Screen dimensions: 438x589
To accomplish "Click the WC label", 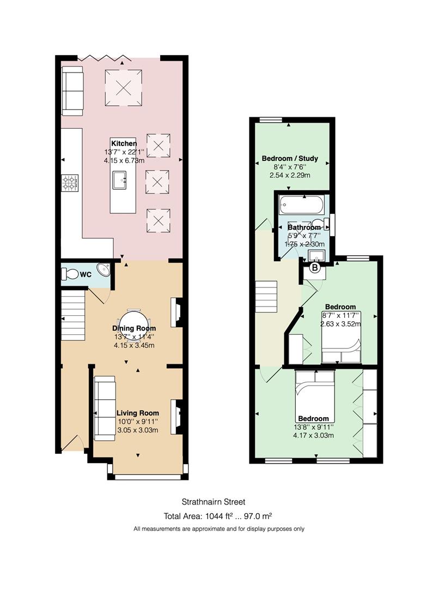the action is click(x=86, y=274).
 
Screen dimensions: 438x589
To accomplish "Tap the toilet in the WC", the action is click(x=70, y=273).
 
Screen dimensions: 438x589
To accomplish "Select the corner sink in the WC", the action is click(x=104, y=270).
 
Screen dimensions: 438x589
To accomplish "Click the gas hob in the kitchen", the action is click(x=70, y=183).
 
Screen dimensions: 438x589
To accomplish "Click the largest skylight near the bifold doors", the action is click(x=123, y=88).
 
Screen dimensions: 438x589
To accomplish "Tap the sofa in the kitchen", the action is click(x=72, y=91).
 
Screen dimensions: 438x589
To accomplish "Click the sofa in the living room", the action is click(x=105, y=408).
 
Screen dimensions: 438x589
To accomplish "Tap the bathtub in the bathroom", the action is click(x=301, y=205).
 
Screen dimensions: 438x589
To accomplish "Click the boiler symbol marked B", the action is click(x=315, y=268).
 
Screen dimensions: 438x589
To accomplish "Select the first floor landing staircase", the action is click(x=266, y=296).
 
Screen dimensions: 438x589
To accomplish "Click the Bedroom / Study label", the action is click(x=290, y=158).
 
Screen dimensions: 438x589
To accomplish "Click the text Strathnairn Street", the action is click(x=214, y=502).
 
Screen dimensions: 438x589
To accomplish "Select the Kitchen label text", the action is click(x=124, y=143).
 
